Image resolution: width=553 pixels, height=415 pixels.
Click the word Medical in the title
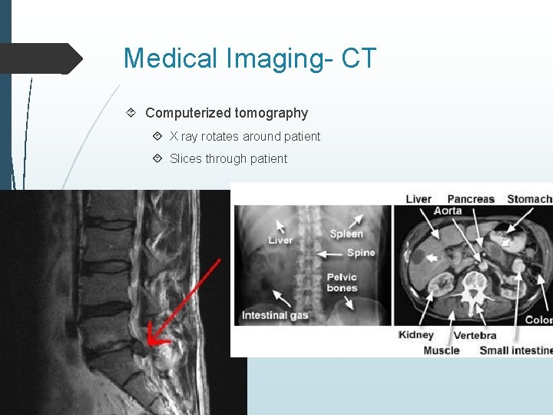(174, 58)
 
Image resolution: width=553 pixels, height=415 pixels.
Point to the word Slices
(185, 158)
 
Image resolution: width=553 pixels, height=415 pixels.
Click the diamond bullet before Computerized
(132, 113)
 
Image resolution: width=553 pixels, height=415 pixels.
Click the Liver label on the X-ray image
(280, 241)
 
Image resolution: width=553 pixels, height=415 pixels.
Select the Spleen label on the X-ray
(346, 234)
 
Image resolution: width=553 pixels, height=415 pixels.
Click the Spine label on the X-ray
(361, 252)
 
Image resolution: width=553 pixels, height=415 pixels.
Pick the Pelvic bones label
(342, 283)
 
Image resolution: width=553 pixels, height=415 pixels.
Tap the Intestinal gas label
(275, 315)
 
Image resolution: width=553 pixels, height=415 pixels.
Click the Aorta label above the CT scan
(448, 211)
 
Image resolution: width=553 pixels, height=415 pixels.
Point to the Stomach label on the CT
(529, 199)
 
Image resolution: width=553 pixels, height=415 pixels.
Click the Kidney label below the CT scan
(416, 335)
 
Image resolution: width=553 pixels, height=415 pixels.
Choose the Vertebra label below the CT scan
(475, 335)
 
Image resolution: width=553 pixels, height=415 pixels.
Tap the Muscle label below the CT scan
(442, 350)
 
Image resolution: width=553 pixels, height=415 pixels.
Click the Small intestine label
(515, 350)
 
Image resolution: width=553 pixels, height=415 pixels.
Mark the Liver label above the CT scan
(419, 199)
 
